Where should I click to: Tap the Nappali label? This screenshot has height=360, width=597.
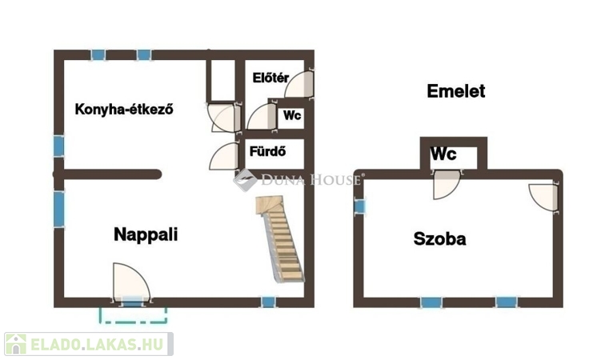point(145,234)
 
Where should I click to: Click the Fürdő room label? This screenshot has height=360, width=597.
point(268,150)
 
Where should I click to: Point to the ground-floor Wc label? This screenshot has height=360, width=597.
point(292,115)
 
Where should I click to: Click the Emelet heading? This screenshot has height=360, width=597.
point(456,91)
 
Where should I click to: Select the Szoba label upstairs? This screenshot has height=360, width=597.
point(439,238)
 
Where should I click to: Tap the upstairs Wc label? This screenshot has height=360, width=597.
point(445,154)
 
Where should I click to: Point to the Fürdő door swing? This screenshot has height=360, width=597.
point(226,154)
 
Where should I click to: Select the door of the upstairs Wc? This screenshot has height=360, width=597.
point(445,184)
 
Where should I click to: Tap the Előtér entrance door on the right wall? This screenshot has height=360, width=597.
point(298,83)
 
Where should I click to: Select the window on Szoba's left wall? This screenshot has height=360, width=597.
point(359,206)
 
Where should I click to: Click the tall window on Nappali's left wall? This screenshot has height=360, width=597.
point(59,209)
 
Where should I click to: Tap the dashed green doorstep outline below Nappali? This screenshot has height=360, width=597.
point(133,314)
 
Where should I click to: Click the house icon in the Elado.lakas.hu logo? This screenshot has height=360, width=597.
point(16,345)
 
